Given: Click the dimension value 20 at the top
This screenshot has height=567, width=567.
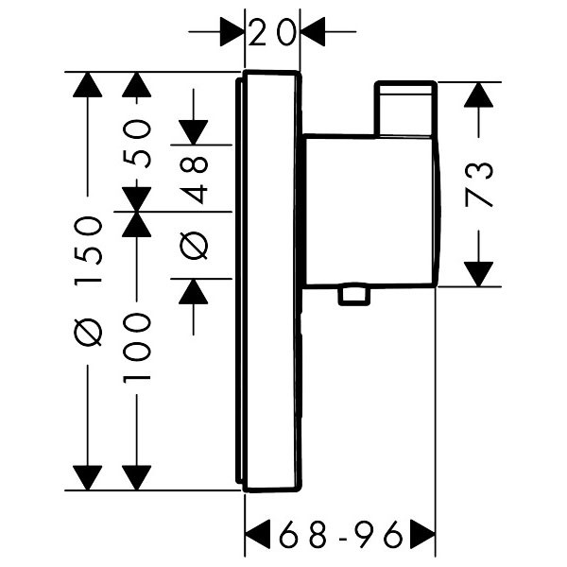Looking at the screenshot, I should (x=272, y=34).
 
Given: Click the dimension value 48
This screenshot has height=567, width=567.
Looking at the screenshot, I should (x=195, y=180).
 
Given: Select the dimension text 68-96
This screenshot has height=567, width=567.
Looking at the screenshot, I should (x=339, y=536).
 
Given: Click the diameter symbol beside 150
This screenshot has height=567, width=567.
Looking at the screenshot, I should (x=88, y=333).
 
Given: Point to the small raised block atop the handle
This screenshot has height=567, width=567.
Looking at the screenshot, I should (x=406, y=109).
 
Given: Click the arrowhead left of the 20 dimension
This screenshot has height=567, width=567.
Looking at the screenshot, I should (x=232, y=34).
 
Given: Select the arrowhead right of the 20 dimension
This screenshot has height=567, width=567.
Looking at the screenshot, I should (x=312, y=34).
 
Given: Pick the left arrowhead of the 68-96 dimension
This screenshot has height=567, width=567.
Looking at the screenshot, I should (x=258, y=536).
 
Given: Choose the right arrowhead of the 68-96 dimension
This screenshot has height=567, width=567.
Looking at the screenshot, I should (x=421, y=536).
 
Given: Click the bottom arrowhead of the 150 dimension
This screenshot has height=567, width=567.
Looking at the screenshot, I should (x=88, y=477).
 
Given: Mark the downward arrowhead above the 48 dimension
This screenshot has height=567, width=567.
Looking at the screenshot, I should (x=195, y=131).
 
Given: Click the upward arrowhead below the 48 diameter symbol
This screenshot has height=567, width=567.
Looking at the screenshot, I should (x=195, y=292).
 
